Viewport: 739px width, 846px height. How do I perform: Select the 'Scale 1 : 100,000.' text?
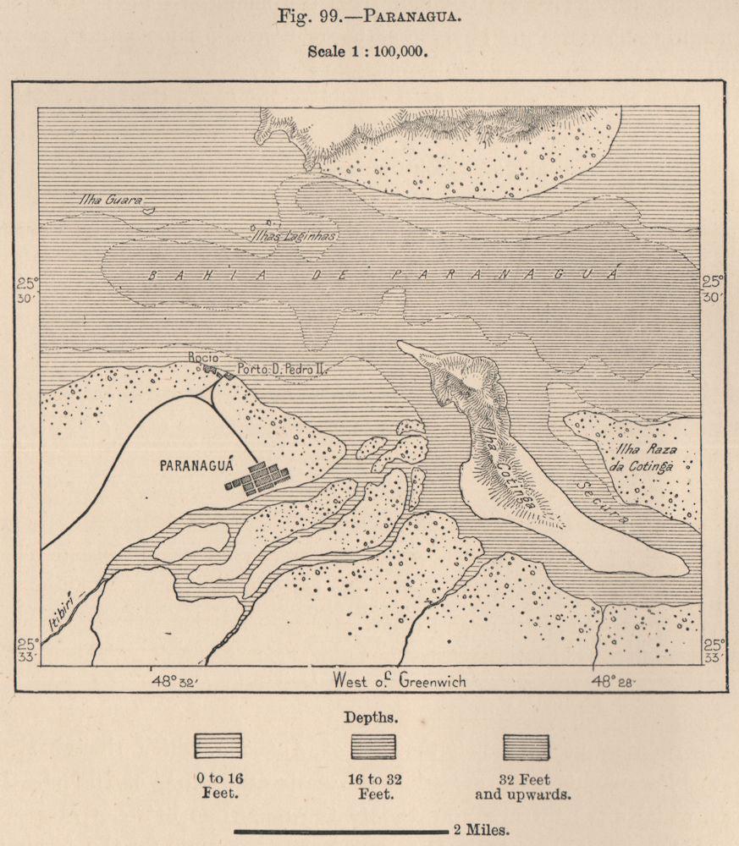(368, 50)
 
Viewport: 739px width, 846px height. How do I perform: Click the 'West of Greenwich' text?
(400, 681)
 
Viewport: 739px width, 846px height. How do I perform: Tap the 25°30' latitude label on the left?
(27, 289)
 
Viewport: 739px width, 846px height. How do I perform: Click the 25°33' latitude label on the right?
(714, 651)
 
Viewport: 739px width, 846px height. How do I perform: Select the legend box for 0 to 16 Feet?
(218, 746)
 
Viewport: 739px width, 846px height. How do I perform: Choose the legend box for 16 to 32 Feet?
(372, 746)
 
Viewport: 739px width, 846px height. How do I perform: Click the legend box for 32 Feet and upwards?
(526, 746)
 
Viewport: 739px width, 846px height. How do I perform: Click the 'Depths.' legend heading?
(368, 717)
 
